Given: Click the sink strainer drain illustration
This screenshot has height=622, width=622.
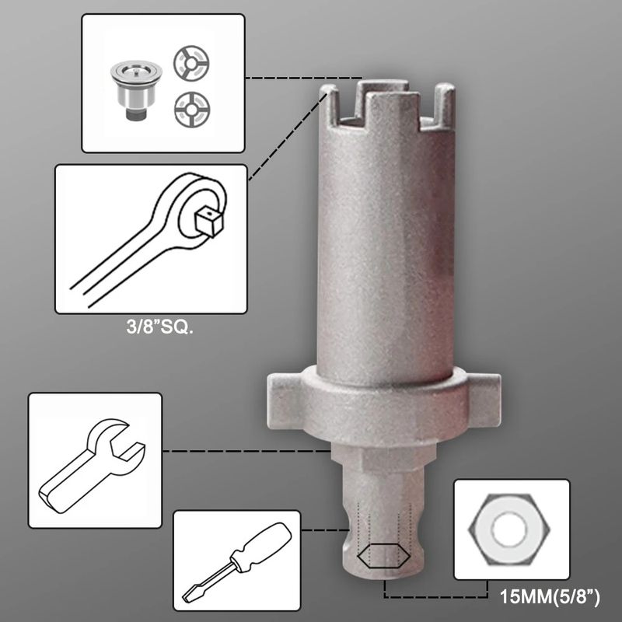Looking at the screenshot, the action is pos(130,90).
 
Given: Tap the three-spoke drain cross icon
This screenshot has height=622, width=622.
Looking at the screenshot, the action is pos(191,63).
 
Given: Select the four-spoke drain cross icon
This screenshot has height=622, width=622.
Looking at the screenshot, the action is pos(192,110).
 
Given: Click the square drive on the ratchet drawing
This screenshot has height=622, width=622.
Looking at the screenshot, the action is pos(210,223).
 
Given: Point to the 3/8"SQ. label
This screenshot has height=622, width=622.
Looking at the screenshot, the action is pos(160,327).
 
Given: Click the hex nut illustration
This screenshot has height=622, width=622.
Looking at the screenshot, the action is pos(509,529).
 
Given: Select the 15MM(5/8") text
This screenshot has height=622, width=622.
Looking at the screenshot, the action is pos(550,596).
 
